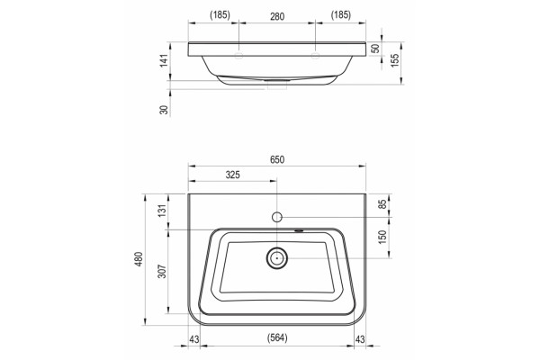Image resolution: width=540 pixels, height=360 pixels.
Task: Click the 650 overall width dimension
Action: (x=277, y=160)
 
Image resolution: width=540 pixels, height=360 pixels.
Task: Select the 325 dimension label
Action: (x=233, y=175)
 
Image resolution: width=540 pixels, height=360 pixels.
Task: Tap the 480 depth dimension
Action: (x=139, y=259)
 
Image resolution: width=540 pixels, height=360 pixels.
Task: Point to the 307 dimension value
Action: (x=162, y=272)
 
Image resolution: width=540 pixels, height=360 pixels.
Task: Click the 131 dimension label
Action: (x=162, y=210)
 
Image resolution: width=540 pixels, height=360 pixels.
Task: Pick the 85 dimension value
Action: (x=382, y=204)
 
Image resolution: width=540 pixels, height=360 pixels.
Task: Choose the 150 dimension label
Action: (x=382, y=237)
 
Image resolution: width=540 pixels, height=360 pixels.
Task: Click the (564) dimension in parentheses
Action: (x=277, y=338)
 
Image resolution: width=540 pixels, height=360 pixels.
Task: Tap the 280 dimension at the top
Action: (x=277, y=16)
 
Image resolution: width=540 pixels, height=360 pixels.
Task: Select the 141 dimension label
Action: (x=165, y=60)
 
